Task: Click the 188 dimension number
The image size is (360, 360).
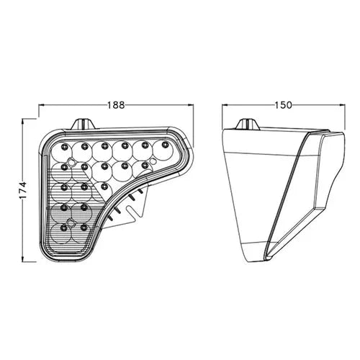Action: tap(116, 105)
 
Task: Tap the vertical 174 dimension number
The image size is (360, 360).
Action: tap(23, 190)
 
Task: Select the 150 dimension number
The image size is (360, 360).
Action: tap(283, 105)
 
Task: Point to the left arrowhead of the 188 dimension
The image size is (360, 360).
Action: tap(42, 105)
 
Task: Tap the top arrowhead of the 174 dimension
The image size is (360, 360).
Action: tap(23, 122)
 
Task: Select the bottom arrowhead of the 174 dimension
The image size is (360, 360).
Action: tap(23, 258)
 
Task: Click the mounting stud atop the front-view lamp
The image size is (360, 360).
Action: tap(84, 124)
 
